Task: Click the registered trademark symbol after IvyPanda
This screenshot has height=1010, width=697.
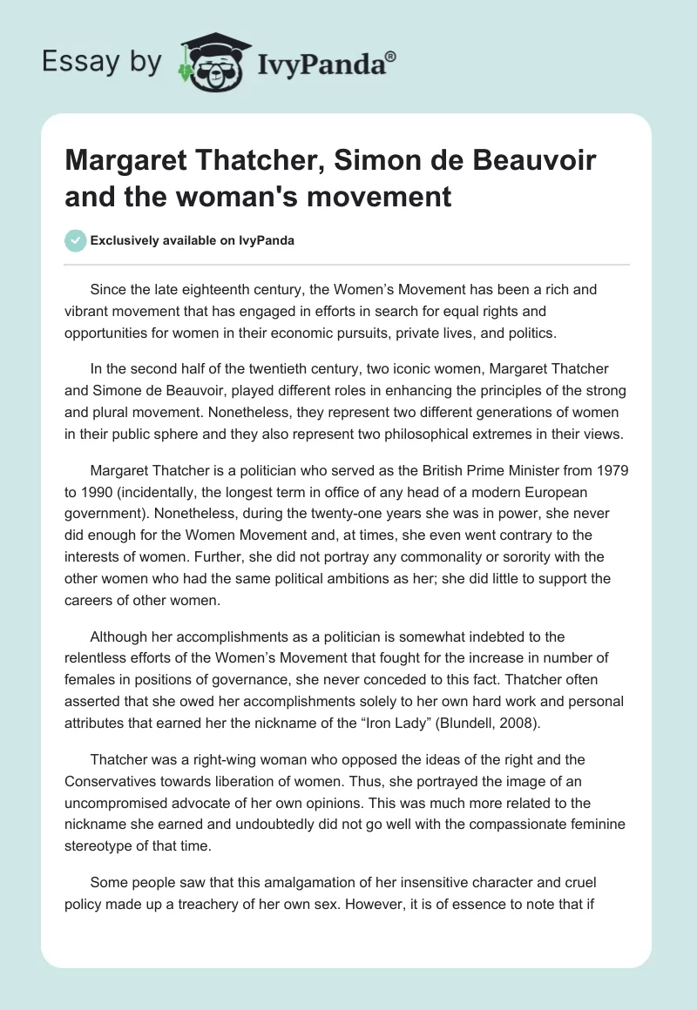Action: click(391, 57)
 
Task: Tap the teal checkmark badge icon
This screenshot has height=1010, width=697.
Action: click(76, 240)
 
